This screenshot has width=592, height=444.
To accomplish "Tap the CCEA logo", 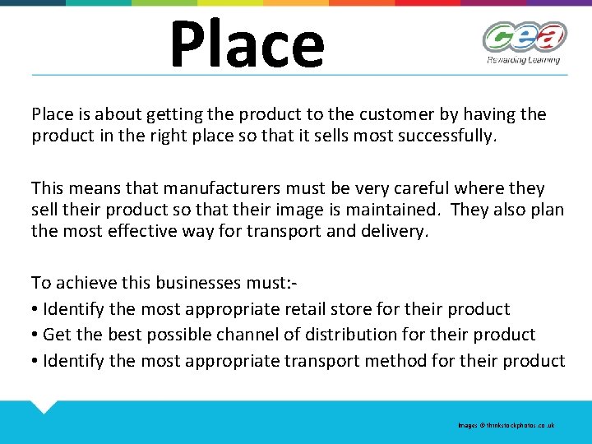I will tap(524, 38).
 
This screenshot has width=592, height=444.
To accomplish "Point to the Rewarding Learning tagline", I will tap(524, 59).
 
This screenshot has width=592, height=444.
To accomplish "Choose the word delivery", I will tap(400, 231).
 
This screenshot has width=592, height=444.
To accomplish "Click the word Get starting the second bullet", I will tap(57, 335).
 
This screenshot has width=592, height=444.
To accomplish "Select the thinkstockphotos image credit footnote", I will tap(506, 425).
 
